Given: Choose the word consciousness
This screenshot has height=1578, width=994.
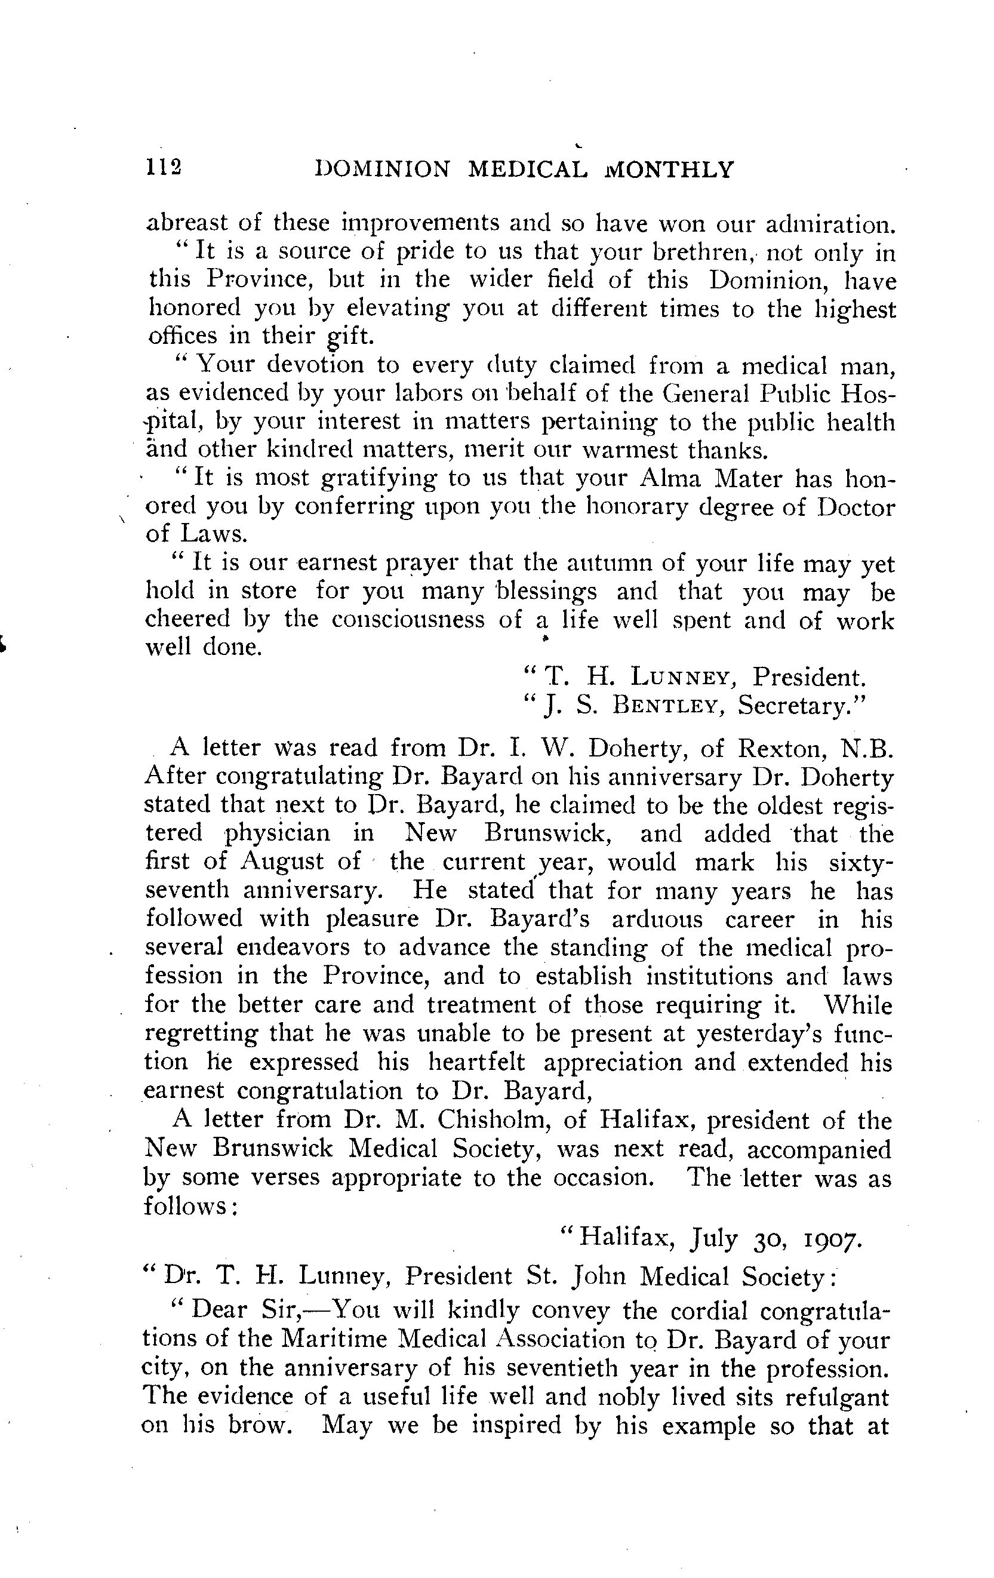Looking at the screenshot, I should click(x=408, y=619).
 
